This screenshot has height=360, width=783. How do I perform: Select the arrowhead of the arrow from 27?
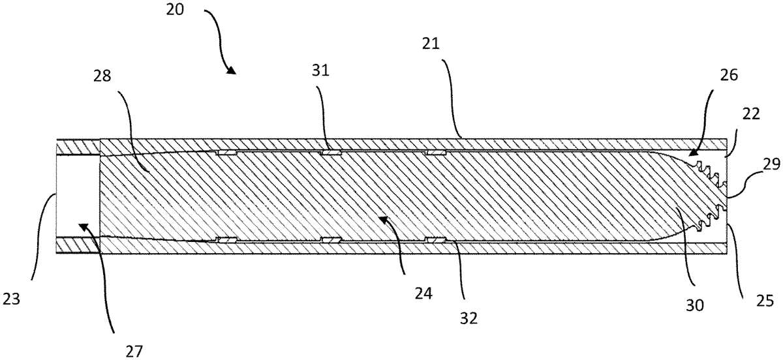click(80, 225)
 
